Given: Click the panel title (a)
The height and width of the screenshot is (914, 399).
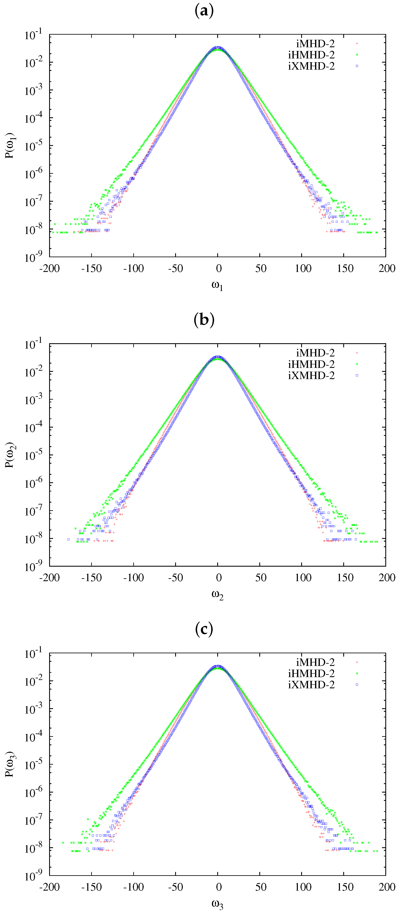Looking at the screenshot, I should (x=204, y=11).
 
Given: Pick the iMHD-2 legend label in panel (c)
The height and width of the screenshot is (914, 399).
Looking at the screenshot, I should (x=315, y=662).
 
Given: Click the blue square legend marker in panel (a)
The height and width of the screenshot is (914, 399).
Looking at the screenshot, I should (x=357, y=66).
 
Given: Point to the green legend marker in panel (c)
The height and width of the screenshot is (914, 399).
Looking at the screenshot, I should (x=357, y=673).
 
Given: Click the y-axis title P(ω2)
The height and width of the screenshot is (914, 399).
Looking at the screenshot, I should (x=10, y=455).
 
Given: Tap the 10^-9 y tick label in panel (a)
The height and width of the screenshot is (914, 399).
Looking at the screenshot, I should (x=33, y=257).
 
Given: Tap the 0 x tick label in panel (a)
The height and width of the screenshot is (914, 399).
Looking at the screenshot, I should (x=219, y=269).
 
